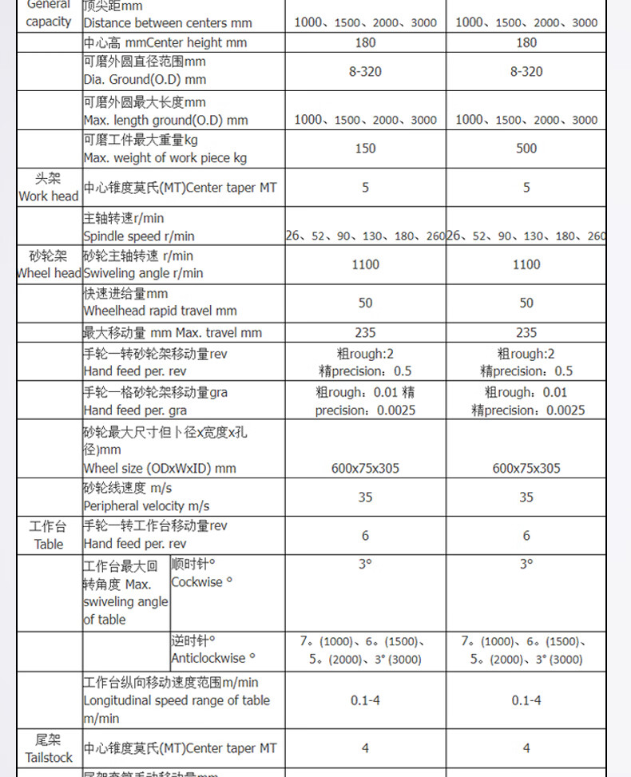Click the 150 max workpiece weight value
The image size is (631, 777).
365,149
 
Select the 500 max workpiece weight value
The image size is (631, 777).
526,149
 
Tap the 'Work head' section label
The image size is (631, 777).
49,196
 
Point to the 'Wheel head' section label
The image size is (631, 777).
49,273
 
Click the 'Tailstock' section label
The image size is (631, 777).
49,757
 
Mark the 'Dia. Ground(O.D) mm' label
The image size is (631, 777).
145,80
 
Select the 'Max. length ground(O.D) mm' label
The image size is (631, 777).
165,121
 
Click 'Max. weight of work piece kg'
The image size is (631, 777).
165,158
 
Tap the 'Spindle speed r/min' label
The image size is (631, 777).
139,236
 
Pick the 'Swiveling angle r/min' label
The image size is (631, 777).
143,273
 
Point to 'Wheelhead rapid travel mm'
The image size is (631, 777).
160,311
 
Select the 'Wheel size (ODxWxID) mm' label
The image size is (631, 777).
160,469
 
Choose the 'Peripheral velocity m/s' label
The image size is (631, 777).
146,506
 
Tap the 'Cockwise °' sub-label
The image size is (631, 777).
201,582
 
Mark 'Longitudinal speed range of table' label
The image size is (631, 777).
177,700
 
